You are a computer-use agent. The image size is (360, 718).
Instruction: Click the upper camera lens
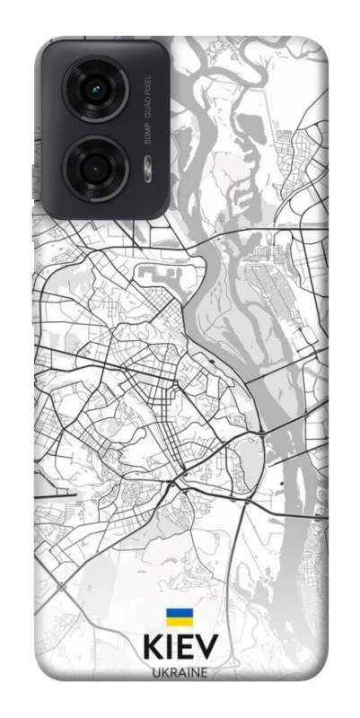coord(96,89)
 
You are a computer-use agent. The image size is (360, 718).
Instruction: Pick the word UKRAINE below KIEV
coord(180,672)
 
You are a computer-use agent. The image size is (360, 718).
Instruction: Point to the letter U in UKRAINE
coord(154,672)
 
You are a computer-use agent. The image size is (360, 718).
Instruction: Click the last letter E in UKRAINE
coord(205,672)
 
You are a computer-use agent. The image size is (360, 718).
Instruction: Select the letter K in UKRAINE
coord(162,672)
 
